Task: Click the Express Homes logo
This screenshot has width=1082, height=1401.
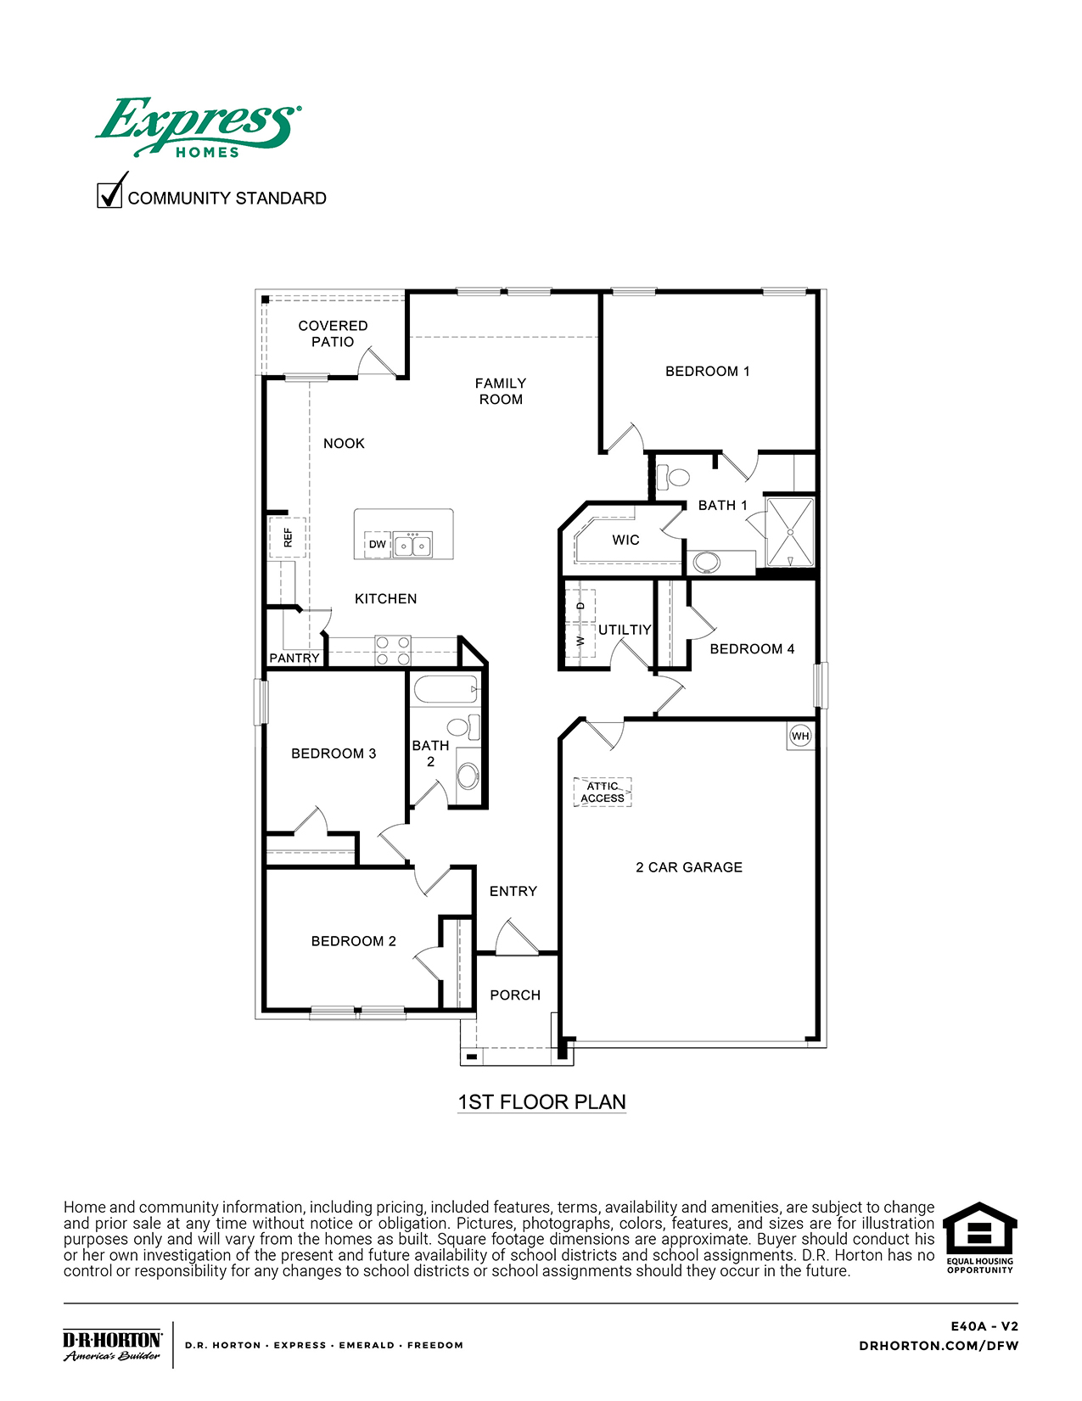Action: click(197, 126)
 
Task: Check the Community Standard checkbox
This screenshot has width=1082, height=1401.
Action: click(109, 195)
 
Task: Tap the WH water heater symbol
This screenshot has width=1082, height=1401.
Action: click(799, 736)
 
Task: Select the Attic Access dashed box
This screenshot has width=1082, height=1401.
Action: click(603, 792)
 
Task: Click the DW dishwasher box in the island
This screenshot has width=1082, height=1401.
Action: click(378, 544)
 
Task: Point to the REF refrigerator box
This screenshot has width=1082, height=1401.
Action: click(288, 537)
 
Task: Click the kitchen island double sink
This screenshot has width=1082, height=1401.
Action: click(412, 545)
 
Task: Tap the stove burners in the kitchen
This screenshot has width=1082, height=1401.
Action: click(393, 651)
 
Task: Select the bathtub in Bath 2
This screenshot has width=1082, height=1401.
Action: click(445, 691)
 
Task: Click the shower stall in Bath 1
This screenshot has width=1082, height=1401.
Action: click(790, 531)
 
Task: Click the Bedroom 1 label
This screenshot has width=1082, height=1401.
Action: click(707, 372)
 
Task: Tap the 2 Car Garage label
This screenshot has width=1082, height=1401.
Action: click(689, 867)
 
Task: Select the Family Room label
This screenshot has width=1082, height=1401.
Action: click(501, 391)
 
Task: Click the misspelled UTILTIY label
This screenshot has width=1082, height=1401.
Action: click(625, 630)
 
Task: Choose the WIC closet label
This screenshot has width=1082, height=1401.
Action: click(625, 540)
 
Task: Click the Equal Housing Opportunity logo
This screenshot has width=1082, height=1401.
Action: click(980, 1237)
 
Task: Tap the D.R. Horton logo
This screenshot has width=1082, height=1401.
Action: click(112, 1345)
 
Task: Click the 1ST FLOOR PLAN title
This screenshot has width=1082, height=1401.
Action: click(541, 1102)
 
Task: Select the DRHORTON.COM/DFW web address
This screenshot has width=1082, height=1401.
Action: click(939, 1346)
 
